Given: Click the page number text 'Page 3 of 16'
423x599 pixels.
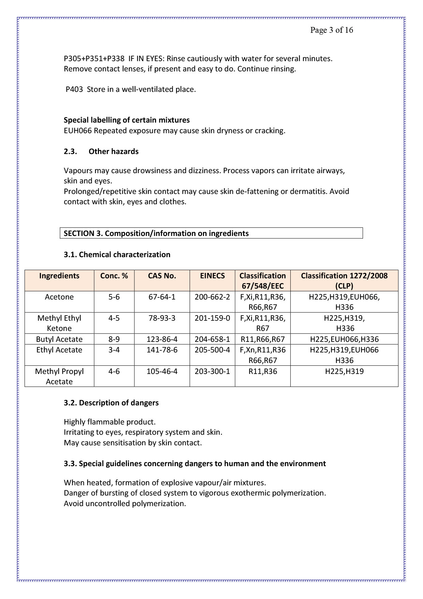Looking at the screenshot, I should coord(331,30).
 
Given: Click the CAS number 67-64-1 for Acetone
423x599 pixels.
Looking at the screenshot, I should coord(162,297).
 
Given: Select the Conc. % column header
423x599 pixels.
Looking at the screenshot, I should coord(114,276).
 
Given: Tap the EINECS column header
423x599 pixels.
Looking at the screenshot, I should coord(212,276).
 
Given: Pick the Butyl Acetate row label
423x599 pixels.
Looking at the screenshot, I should coord(59,339).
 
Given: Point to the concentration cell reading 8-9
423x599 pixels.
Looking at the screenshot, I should coord(114,339).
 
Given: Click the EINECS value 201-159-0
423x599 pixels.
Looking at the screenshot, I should coord(212,318).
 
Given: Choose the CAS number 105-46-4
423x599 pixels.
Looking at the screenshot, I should coord(162,371).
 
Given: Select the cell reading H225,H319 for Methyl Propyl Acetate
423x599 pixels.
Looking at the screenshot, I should coord(344,371).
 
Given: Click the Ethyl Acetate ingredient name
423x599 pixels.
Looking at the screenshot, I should coord(59,350).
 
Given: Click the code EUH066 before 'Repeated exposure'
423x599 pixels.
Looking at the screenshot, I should coord(78,130).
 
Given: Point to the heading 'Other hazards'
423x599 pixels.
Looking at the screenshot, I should coord(114,151).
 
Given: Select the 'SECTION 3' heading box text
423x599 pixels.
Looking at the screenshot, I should coord(156,233).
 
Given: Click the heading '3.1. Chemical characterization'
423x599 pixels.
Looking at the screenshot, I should coord(117,254).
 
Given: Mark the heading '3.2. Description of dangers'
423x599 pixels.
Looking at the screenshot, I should coord(111,403).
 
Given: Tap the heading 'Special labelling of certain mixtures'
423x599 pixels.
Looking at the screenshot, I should coord(127,120).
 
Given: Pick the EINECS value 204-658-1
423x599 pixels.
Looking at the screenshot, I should coord(212,339).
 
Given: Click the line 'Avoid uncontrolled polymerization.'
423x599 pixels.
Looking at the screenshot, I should coord(125,503).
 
